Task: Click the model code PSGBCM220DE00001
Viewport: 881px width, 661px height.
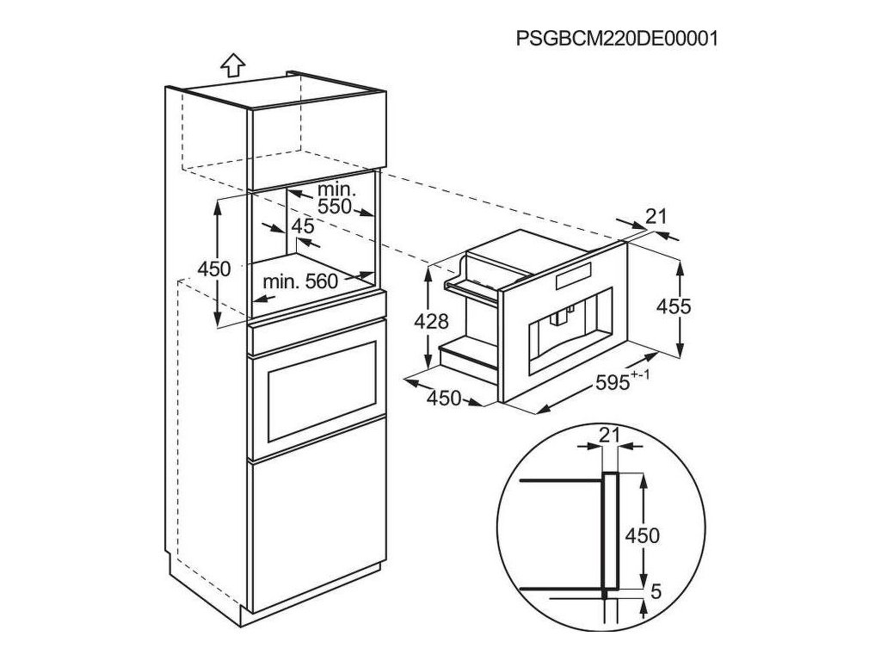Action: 617,39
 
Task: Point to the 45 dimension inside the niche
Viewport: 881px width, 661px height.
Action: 302,226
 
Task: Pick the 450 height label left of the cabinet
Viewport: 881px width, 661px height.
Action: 214,269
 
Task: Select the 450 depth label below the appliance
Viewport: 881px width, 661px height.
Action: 445,398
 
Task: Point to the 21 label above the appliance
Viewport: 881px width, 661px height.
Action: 656,217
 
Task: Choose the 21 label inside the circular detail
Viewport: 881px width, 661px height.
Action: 608,436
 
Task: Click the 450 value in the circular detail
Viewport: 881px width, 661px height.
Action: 641,536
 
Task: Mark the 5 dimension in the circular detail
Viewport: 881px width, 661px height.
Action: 656,592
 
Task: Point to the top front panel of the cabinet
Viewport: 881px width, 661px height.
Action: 315,139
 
